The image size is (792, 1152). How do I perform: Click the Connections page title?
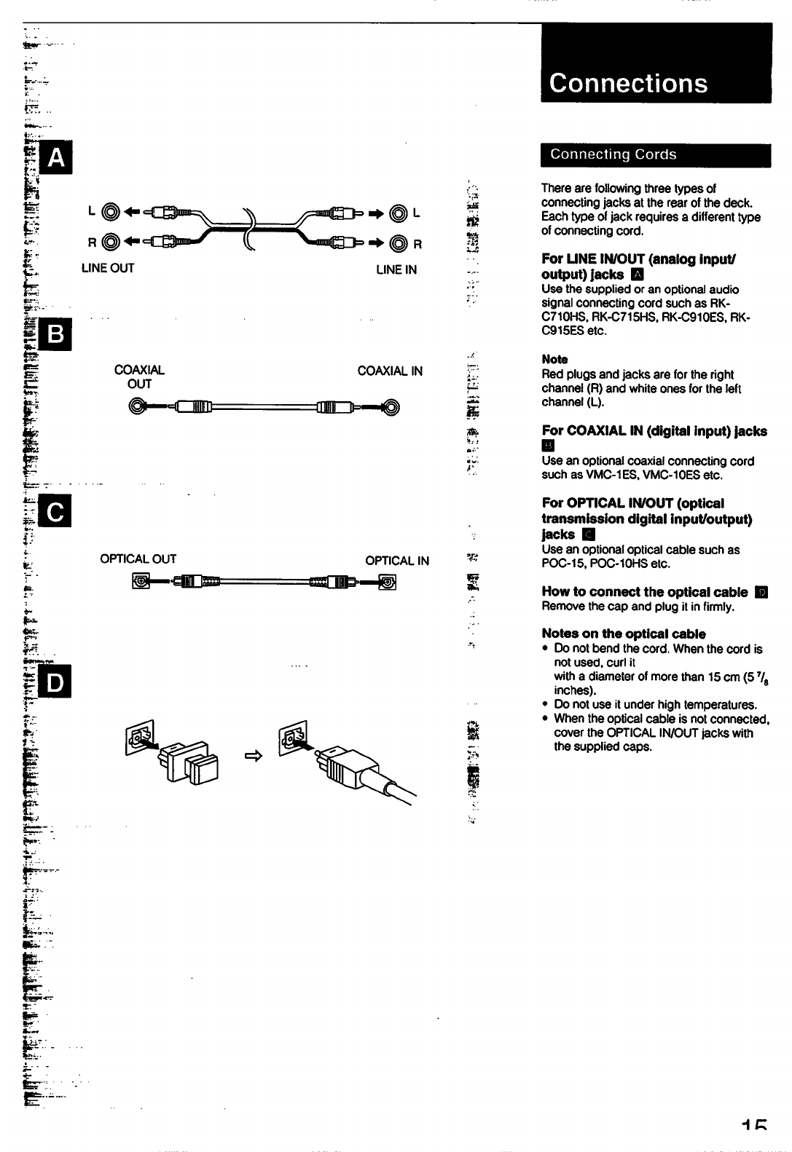click(x=628, y=83)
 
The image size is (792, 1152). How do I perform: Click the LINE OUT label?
click(x=108, y=268)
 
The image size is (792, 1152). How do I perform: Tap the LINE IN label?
click(x=396, y=269)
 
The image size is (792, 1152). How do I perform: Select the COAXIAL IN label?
click(x=390, y=371)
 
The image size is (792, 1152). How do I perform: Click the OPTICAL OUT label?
click(x=138, y=559)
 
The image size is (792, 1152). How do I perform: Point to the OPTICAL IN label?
click(x=397, y=561)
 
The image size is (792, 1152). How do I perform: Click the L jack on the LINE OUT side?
click(x=109, y=213)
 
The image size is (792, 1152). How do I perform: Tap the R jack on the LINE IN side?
click(x=399, y=243)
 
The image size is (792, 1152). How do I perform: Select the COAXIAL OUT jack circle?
click(x=136, y=406)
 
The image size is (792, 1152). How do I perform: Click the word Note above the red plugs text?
click(x=554, y=359)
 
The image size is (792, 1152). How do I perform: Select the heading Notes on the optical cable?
click(x=624, y=634)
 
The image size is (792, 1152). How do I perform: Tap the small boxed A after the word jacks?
click(x=638, y=275)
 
